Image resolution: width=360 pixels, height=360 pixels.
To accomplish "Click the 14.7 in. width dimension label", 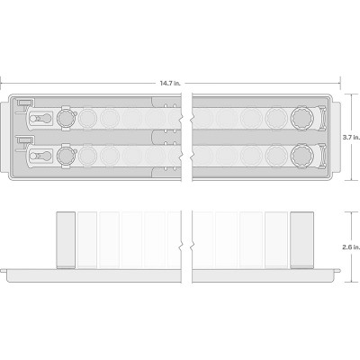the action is tap(170, 83).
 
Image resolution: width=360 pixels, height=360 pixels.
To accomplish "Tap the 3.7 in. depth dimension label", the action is tap(351, 138).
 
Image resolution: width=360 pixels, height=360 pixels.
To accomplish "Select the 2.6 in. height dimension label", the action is tap(351, 247).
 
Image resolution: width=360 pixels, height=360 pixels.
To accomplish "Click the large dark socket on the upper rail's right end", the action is tap(301, 119).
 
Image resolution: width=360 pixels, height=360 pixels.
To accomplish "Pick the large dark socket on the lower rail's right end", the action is tap(301, 156).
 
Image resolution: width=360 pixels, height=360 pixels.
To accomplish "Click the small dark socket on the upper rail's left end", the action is tap(66, 118).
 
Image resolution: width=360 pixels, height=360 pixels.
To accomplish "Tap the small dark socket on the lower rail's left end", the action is tap(66, 156).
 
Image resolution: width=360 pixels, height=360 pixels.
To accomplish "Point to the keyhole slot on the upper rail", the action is tap(40, 119).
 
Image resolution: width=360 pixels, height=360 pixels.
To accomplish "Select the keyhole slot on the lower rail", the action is tap(40, 156).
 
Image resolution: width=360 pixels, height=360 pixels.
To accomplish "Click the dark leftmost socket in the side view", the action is tap(66, 240).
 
